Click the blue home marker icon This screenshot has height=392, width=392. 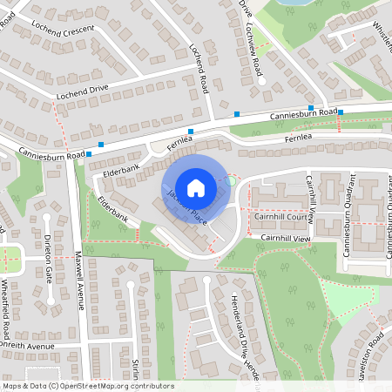[x=196, y=187]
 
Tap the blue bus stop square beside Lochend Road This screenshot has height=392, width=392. [x=236, y=114]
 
